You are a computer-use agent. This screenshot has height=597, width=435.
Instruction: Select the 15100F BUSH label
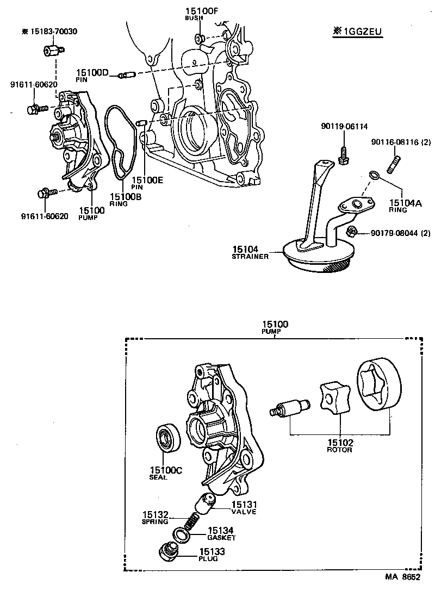194,14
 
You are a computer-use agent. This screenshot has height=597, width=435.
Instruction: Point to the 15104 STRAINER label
251,251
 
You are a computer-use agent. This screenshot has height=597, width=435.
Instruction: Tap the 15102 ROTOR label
339,445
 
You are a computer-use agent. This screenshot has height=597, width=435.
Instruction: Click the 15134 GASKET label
221,533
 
